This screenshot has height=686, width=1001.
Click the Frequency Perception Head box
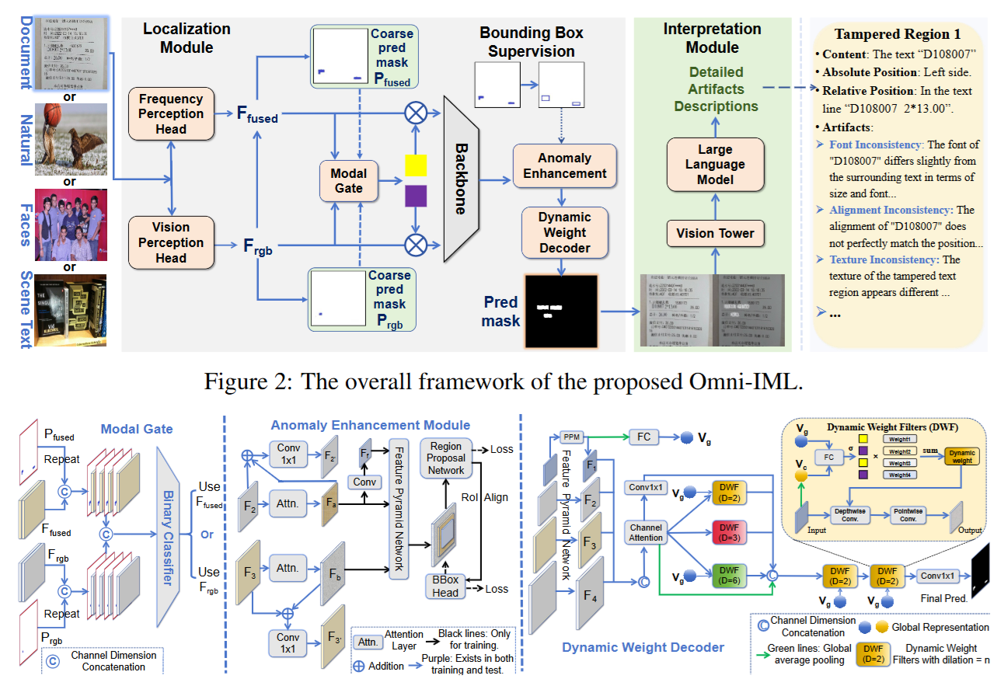[x=171, y=114]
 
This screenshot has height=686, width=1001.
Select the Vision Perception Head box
[x=171, y=242]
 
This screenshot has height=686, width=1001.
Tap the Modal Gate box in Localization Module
[x=348, y=180]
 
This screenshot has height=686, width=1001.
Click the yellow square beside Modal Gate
[x=416, y=165]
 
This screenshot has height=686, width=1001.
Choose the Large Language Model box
[x=714, y=165]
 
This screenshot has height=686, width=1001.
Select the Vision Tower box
[x=715, y=232]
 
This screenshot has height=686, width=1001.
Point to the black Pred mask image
[x=561, y=311]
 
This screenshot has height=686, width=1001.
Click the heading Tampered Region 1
[x=898, y=34]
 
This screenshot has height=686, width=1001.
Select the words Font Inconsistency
[x=876, y=145]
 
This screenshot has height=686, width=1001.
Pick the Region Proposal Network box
[x=446, y=458]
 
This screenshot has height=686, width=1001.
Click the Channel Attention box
[x=646, y=533]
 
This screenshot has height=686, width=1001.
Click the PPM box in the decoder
[x=571, y=437]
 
